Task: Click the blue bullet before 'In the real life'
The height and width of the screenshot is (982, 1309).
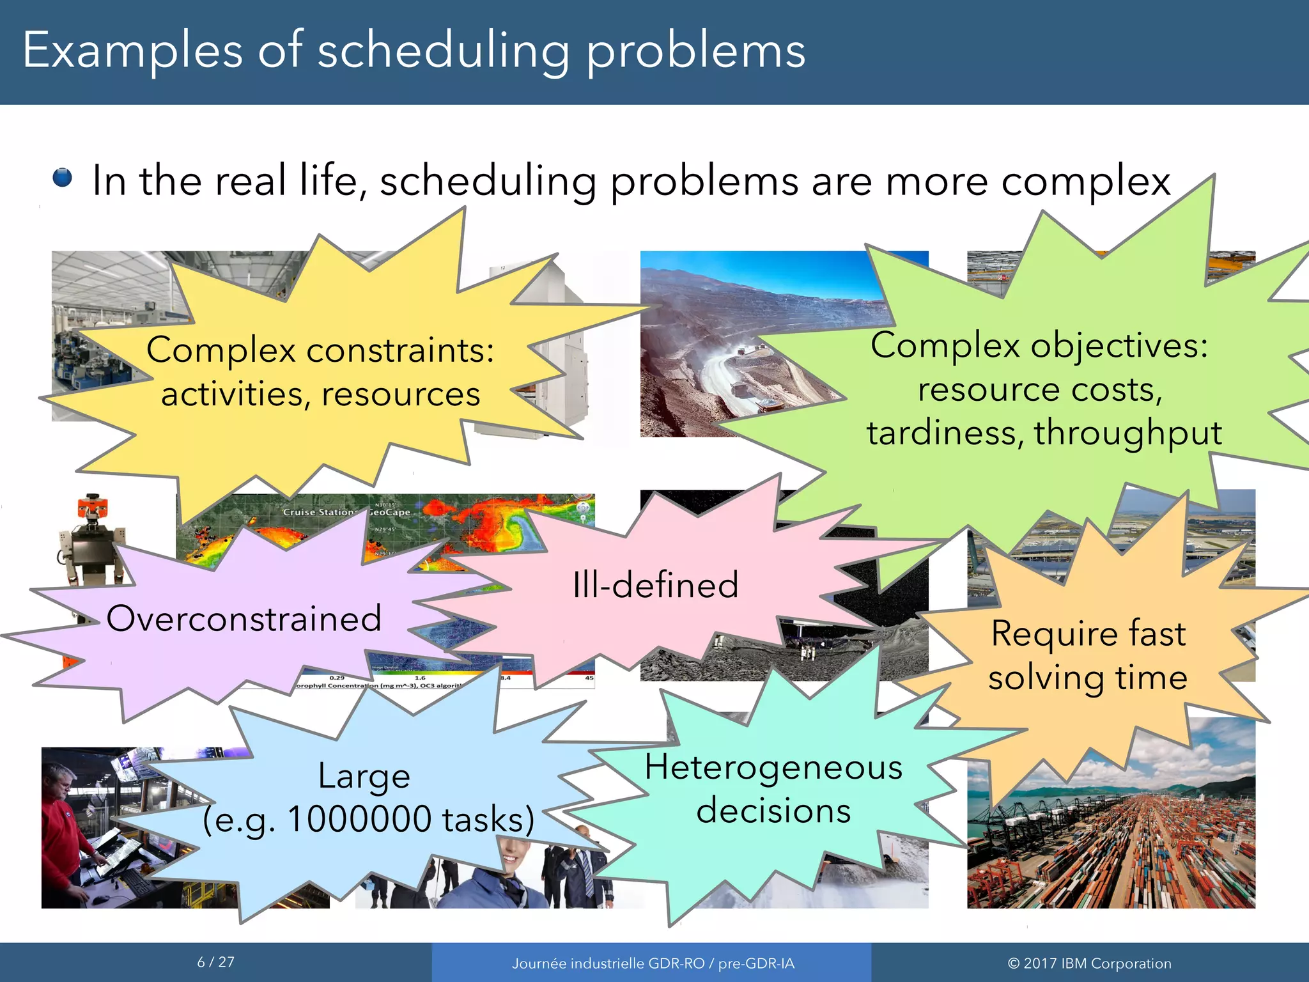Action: (62, 177)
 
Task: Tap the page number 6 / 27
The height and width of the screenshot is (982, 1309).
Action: (215, 962)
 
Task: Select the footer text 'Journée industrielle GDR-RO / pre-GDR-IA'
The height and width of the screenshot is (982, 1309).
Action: (653, 963)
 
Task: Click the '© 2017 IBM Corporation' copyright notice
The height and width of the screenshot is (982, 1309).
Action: (1089, 963)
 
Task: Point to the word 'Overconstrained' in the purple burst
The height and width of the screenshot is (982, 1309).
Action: (244, 619)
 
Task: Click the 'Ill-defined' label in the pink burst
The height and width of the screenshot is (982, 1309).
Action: (655, 585)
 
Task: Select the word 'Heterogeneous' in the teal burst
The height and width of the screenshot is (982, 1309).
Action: (773, 767)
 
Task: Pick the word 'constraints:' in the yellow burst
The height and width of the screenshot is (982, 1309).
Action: (400, 350)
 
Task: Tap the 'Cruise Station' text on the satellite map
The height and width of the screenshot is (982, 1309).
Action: (317, 512)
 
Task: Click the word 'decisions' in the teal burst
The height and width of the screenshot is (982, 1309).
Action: (773, 811)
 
